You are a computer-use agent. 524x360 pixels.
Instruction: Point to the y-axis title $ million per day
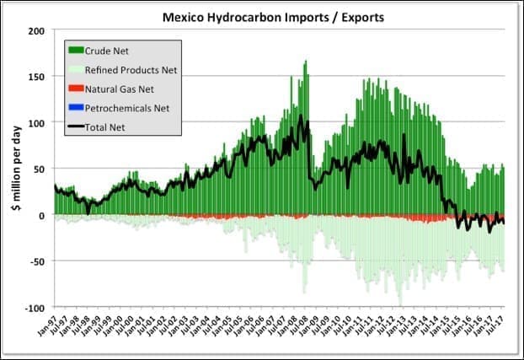[15, 169]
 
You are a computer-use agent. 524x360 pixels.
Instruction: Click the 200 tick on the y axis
[36, 30]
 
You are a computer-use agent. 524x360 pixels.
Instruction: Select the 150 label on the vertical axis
[36, 77]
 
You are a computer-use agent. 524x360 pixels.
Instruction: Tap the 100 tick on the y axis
[36, 123]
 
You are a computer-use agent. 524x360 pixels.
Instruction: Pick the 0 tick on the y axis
[40, 215]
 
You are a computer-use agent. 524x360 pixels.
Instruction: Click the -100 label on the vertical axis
[34, 308]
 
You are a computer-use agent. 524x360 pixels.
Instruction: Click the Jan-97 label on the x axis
[56, 325]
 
